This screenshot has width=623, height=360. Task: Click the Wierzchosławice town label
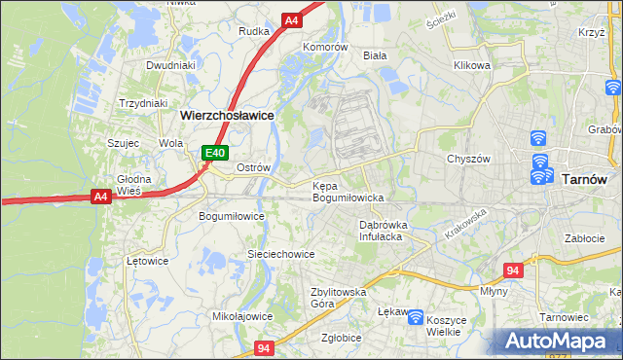pos(227,114)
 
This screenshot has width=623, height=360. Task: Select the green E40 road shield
pos(215,153)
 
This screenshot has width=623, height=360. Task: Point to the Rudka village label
pos(254,30)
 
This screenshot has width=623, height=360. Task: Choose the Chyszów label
pos(466,159)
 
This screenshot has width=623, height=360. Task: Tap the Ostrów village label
pos(253,167)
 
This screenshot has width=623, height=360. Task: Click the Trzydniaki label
pos(143,103)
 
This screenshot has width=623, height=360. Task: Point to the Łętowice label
pos(148,261)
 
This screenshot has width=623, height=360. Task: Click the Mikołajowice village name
pos(242,316)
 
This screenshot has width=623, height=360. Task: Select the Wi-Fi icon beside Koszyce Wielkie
pos(416,317)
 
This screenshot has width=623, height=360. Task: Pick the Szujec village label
pos(124,143)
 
